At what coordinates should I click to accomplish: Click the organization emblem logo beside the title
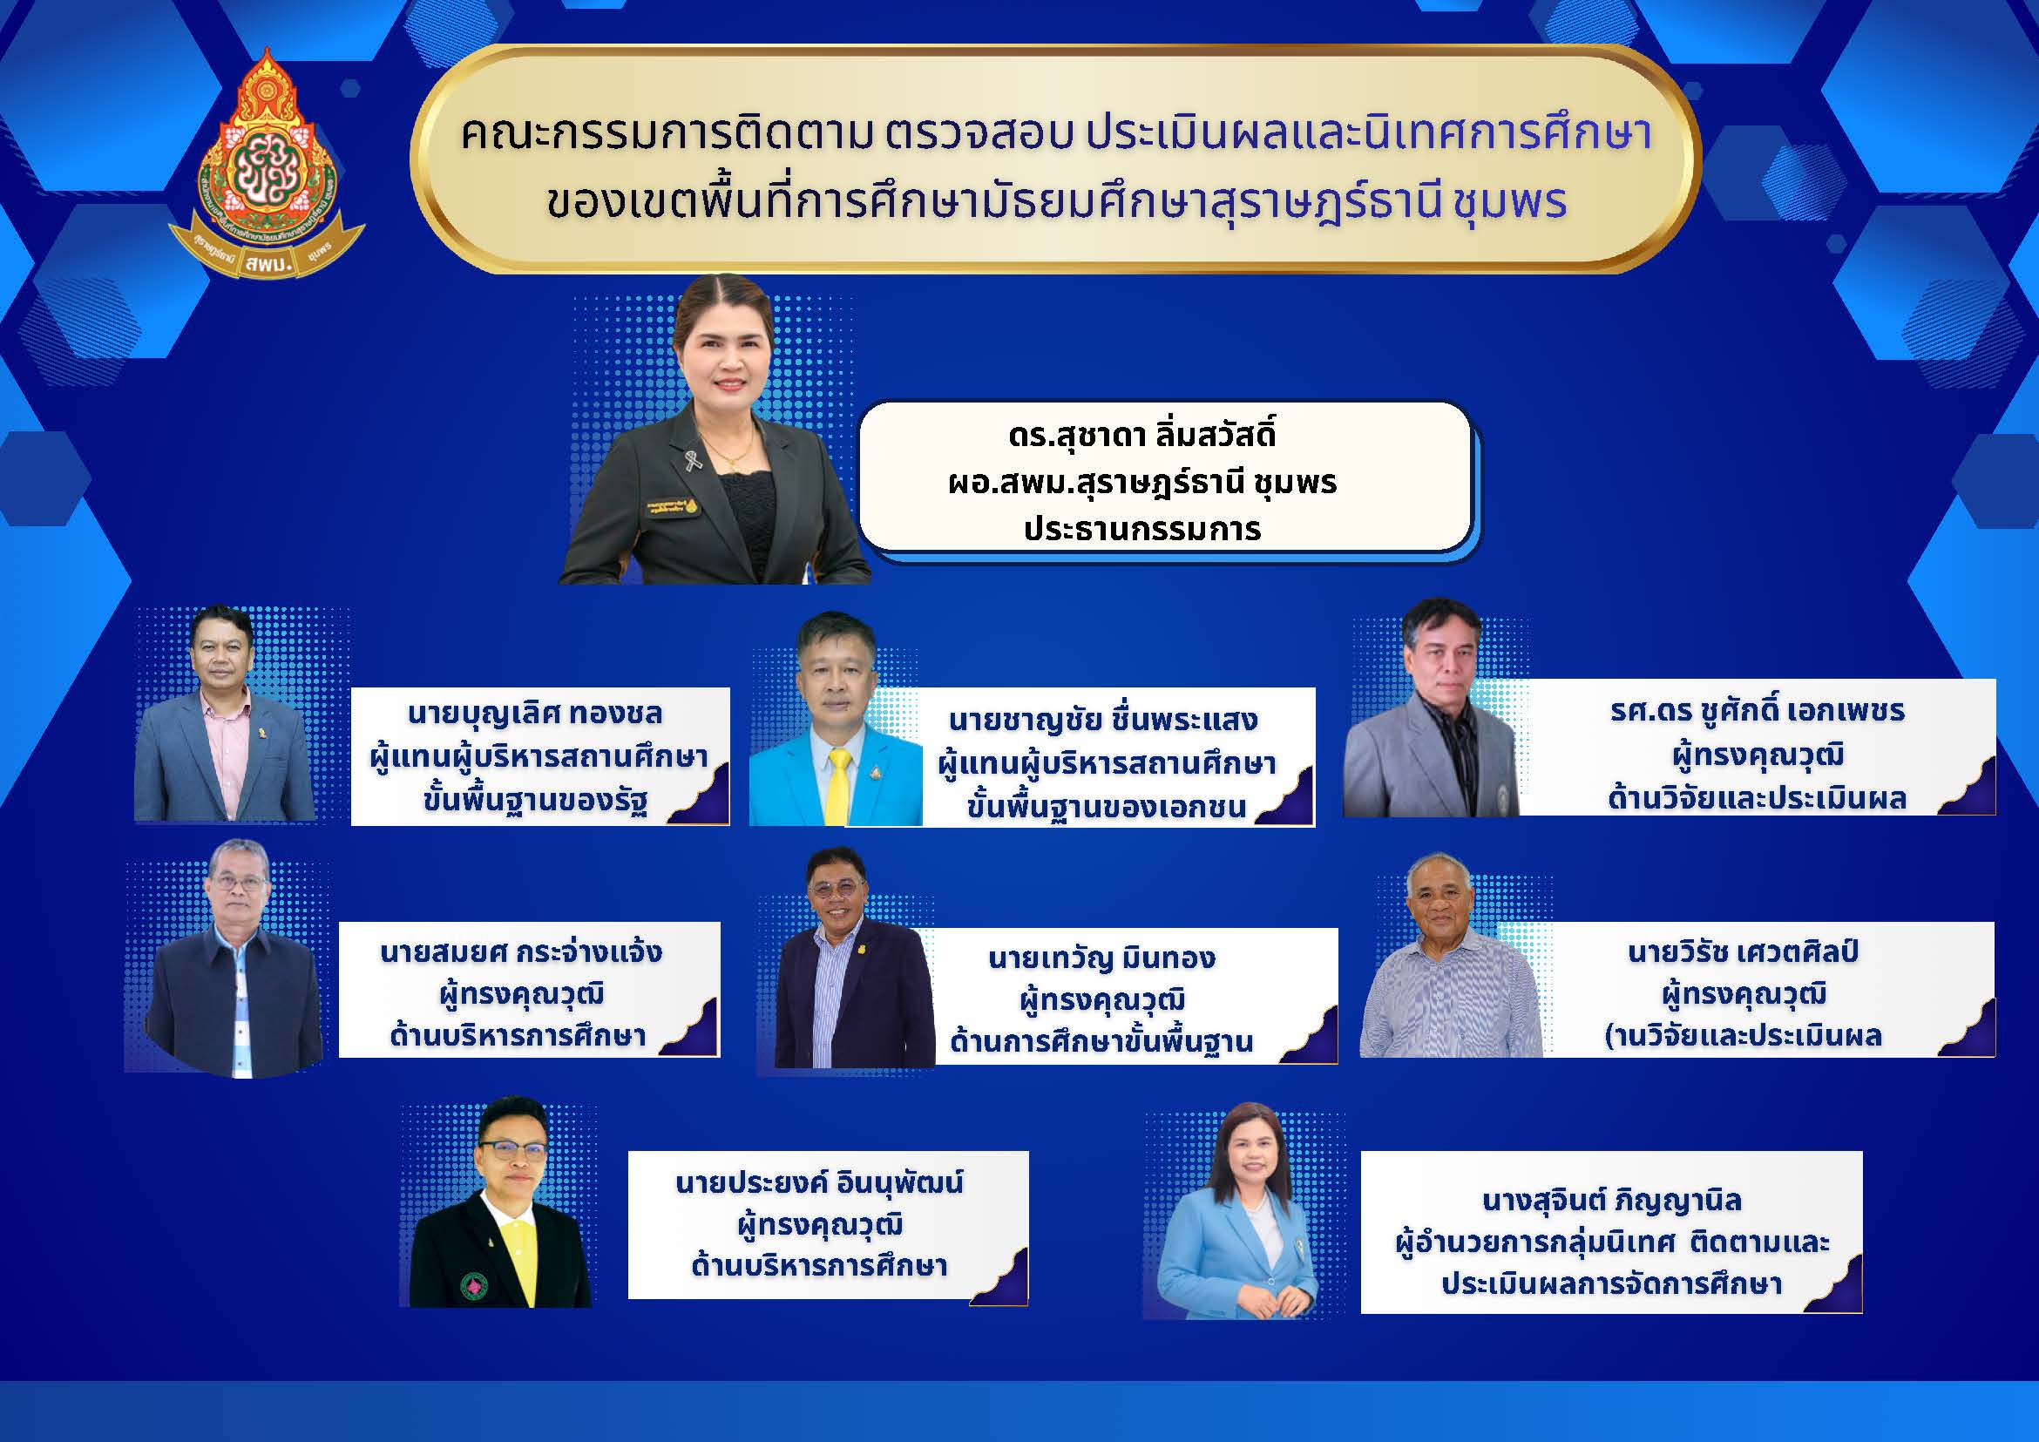pos(267,166)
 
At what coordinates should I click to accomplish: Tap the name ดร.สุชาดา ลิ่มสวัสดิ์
pos(1142,435)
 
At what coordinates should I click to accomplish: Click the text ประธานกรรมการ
pos(1142,529)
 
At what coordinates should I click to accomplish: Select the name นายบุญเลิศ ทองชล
pos(535,713)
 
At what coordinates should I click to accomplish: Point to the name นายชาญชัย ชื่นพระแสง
pos(1103,719)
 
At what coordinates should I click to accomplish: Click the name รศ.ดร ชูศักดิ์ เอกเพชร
pos(1758,710)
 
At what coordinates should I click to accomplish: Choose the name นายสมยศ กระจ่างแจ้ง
pos(520,951)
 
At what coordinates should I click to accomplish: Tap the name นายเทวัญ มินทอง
pos(1101,958)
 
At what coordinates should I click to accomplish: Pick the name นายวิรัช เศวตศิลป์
pos(1745,951)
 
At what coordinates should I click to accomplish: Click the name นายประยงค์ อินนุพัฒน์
pos(819,1182)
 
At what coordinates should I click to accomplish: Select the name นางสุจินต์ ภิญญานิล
pos(1612,1202)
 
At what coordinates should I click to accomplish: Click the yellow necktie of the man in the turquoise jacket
pos(838,785)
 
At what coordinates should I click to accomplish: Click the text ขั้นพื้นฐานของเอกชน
pos(1107,806)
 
